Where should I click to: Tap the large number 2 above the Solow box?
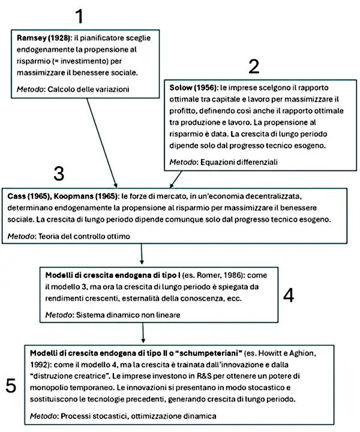[254, 66]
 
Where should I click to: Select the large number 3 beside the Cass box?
[58, 174]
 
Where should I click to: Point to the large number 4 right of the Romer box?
[288, 296]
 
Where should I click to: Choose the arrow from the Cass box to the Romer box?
[141, 254]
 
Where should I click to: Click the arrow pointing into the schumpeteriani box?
[143, 332]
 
